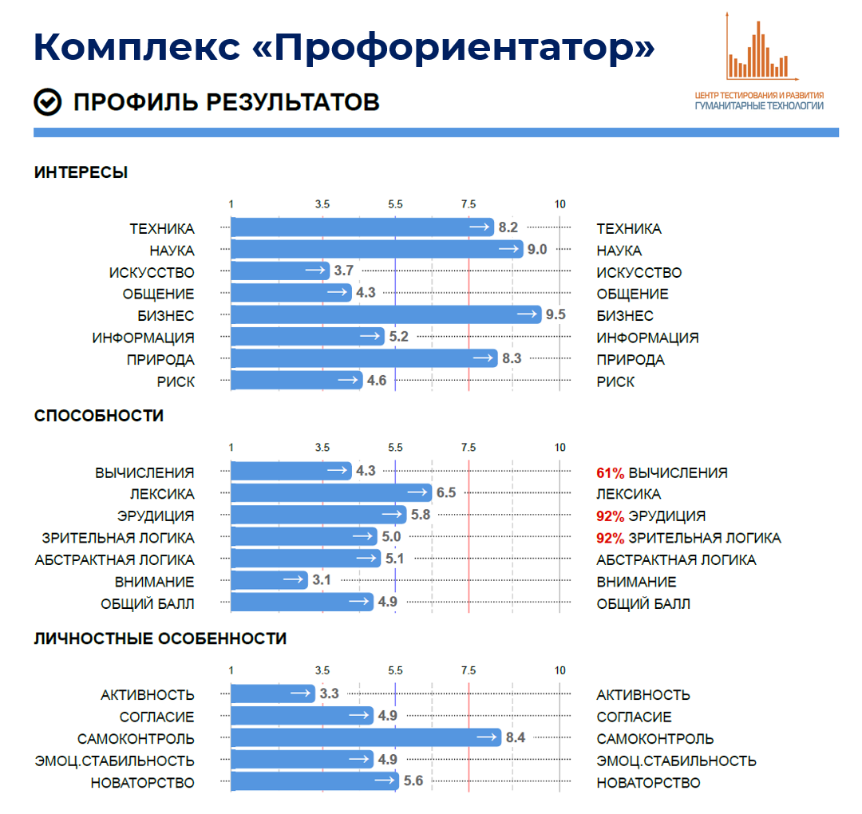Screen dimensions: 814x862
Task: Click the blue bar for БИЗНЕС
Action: point(383,315)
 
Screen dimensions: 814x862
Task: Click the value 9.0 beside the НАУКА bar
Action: point(537,250)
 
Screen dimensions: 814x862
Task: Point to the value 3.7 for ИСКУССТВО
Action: point(344,271)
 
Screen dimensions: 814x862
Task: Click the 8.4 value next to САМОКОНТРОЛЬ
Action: point(516,738)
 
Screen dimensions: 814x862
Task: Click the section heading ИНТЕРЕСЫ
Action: point(81,172)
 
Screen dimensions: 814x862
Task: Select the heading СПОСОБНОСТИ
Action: point(99,416)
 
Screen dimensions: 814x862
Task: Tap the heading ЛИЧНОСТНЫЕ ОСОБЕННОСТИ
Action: point(160,638)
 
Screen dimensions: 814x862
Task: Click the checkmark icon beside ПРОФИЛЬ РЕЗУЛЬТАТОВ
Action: point(48,102)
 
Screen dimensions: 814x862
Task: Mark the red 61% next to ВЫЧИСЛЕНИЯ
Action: point(611,472)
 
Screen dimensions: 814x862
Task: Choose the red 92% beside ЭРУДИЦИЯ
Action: point(611,516)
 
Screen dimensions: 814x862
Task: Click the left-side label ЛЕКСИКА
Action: point(162,494)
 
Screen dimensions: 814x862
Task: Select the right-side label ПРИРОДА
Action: point(631,360)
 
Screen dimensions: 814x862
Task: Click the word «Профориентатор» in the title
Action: point(453,48)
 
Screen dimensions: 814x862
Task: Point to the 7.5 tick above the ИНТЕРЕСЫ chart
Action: point(469,204)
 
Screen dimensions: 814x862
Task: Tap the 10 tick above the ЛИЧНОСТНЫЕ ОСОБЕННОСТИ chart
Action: point(560,670)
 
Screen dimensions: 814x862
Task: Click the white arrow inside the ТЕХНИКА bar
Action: point(480,228)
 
